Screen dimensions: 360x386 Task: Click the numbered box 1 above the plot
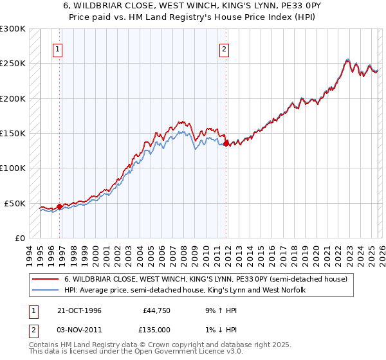pyautogui.click(x=58, y=48)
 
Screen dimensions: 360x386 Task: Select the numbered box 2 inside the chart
pyautogui.click(x=225, y=48)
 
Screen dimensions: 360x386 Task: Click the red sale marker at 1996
pyautogui.click(x=60, y=206)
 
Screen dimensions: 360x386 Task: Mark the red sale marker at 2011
pyautogui.click(x=226, y=143)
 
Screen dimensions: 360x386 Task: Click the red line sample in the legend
pyautogui.click(x=45, y=279)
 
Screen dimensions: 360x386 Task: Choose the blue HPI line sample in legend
pyautogui.click(x=45, y=291)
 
